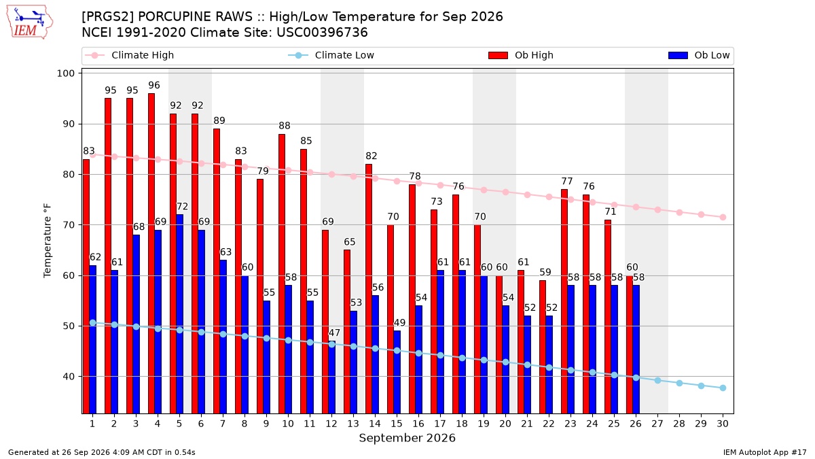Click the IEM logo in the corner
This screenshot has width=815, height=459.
tap(30, 22)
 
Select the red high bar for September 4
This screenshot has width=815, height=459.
tap(151, 253)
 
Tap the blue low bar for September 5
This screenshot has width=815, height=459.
tap(180, 313)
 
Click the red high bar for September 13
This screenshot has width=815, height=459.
tap(347, 332)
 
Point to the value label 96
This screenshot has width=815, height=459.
tap(154, 85)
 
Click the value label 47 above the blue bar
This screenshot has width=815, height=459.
tap(334, 333)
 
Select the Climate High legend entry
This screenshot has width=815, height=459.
tap(129, 55)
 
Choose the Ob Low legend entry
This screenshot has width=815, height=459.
tap(699, 55)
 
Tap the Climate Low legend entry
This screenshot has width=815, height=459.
tap(331, 55)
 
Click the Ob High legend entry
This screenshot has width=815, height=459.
tap(521, 55)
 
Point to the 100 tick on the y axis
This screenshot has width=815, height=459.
tap(65, 73)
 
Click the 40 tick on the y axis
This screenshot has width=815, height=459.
tap(69, 376)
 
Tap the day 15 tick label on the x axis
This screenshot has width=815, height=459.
tap(397, 424)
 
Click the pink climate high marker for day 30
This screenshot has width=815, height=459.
tap(723, 217)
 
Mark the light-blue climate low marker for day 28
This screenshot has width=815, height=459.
tap(679, 383)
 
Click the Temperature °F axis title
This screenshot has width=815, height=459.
tap(48, 241)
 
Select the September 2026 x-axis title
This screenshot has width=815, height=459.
tap(407, 438)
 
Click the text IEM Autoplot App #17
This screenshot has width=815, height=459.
tap(765, 452)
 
